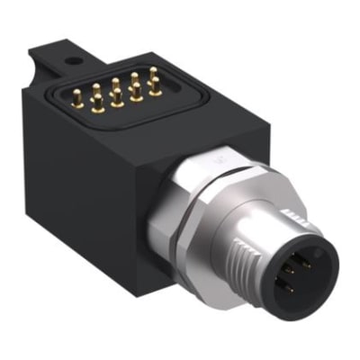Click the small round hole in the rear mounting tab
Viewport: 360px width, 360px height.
coord(73,61)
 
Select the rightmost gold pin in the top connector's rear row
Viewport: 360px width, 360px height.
coord(154,74)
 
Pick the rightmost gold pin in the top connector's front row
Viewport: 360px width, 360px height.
coord(138,94)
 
